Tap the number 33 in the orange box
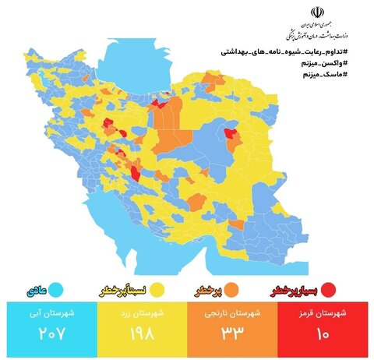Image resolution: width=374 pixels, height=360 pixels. [x=233, y=333]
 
